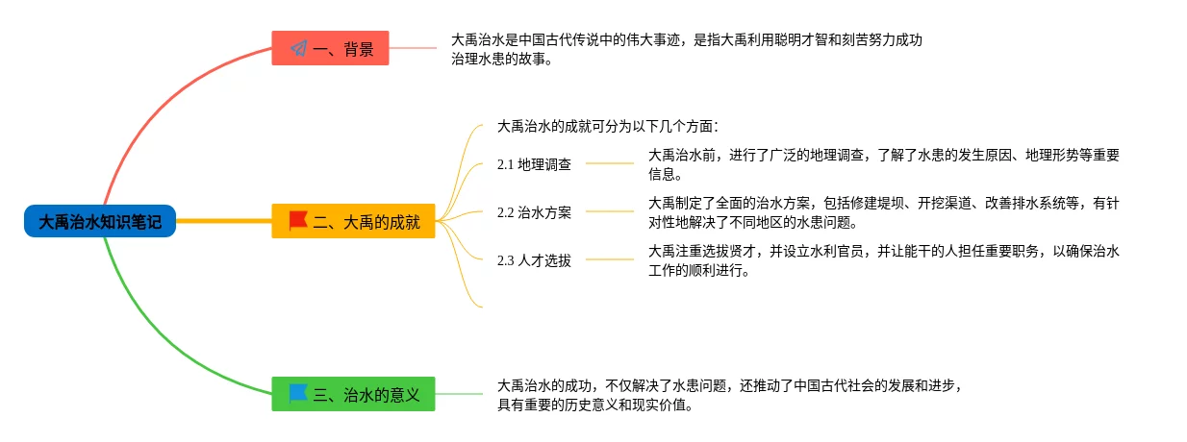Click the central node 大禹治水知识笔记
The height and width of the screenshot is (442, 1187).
point(100,222)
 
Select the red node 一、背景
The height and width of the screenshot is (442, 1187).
point(330,48)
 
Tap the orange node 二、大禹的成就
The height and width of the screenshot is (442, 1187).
point(354,221)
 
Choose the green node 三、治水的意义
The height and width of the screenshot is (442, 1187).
point(353,394)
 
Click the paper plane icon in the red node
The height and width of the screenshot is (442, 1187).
point(298,48)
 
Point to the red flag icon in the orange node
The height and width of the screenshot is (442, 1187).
point(298,221)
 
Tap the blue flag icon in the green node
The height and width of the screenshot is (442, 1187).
point(298,393)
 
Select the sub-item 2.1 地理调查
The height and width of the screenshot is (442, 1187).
point(534,164)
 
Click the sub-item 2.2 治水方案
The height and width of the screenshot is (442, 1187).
point(534,212)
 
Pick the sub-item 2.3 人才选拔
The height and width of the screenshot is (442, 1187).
point(534,260)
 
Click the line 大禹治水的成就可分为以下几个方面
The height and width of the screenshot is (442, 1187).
point(608,126)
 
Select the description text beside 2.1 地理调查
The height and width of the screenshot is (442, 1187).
point(883,164)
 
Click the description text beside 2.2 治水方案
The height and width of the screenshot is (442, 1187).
point(883,212)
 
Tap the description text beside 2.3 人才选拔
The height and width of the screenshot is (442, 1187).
point(883,260)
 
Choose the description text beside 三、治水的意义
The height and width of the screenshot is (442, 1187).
point(729,395)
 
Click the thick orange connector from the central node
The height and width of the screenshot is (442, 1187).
point(223,221)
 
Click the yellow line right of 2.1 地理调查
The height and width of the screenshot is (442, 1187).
point(610,164)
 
